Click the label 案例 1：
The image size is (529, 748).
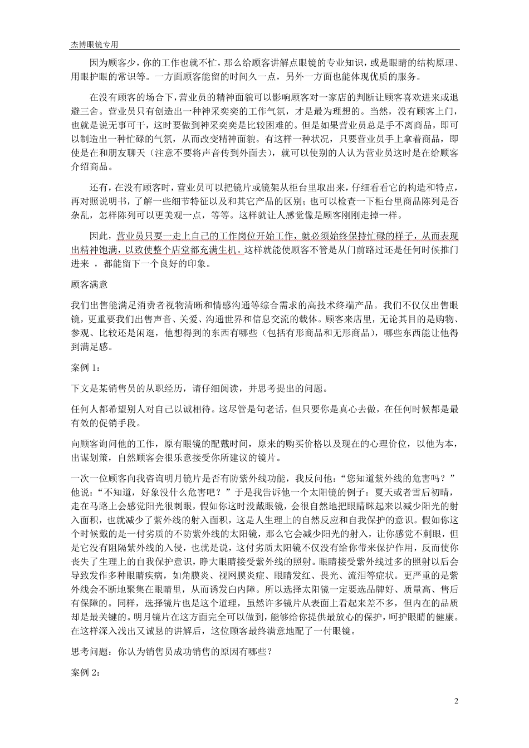[x=86, y=368]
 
